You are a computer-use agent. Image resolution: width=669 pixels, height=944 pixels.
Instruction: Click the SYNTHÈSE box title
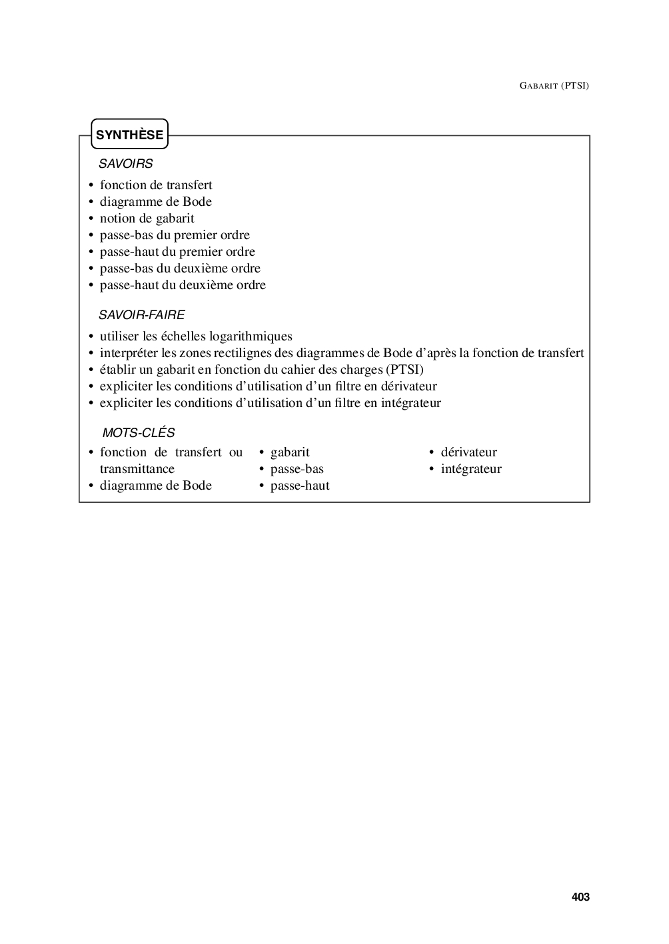[129, 135]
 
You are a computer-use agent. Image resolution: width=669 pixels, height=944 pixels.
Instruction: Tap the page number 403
[580, 897]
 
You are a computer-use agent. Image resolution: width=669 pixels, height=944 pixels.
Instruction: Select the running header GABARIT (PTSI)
[554, 85]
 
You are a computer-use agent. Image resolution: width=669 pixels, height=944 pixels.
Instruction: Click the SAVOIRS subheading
[125, 163]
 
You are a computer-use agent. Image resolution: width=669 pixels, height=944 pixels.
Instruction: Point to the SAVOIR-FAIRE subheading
[141, 314]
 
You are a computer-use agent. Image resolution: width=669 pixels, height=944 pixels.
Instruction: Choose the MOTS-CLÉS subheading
[138, 433]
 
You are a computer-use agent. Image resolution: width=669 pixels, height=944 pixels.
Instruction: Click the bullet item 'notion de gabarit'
[147, 219]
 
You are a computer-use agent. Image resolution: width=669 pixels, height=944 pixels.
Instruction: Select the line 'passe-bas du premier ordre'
[175, 235]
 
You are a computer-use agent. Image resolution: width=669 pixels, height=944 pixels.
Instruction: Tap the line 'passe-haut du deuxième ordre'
[183, 285]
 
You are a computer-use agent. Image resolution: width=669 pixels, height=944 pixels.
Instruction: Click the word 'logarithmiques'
[251, 336]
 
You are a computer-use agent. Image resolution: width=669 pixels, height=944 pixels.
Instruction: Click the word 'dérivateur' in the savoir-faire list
[408, 386]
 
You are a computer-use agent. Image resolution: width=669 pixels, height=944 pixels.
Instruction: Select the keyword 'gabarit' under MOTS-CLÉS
[290, 452]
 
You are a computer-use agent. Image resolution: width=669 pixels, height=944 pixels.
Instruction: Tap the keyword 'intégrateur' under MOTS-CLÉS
[471, 469]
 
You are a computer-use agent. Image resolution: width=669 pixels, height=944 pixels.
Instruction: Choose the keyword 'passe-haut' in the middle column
[300, 486]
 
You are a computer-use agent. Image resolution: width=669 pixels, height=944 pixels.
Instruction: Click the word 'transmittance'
[137, 469]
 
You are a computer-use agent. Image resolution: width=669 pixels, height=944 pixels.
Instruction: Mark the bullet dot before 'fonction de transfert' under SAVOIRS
[91, 186]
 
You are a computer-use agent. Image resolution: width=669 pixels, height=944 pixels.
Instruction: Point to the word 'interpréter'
[129, 353]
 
